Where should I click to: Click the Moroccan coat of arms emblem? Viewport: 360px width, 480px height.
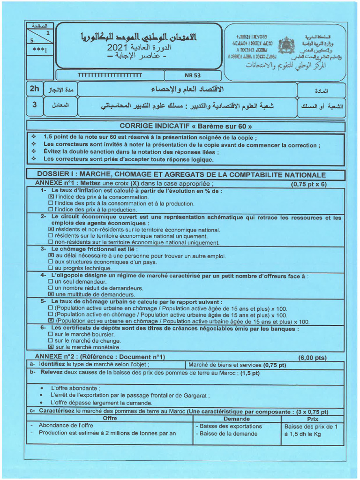(x=286, y=46)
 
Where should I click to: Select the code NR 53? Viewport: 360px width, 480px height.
(x=192, y=75)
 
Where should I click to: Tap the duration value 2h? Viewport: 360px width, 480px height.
(x=35, y=89)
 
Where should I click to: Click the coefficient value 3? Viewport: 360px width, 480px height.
(x=34, y=105)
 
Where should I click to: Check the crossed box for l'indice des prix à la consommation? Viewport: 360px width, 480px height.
(x=51, y=197)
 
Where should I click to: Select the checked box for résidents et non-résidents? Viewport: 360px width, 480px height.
(x=51, y=230)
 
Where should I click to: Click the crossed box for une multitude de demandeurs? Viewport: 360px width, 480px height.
(x=51, y=294)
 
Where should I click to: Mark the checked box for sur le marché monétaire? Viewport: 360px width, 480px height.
(x=51, y=347)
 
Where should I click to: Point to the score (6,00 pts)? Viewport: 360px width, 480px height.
(x=312, y=358)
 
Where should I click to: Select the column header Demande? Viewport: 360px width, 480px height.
(x=237, y=419)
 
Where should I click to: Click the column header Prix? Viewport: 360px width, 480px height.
(x=313, y=419)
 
